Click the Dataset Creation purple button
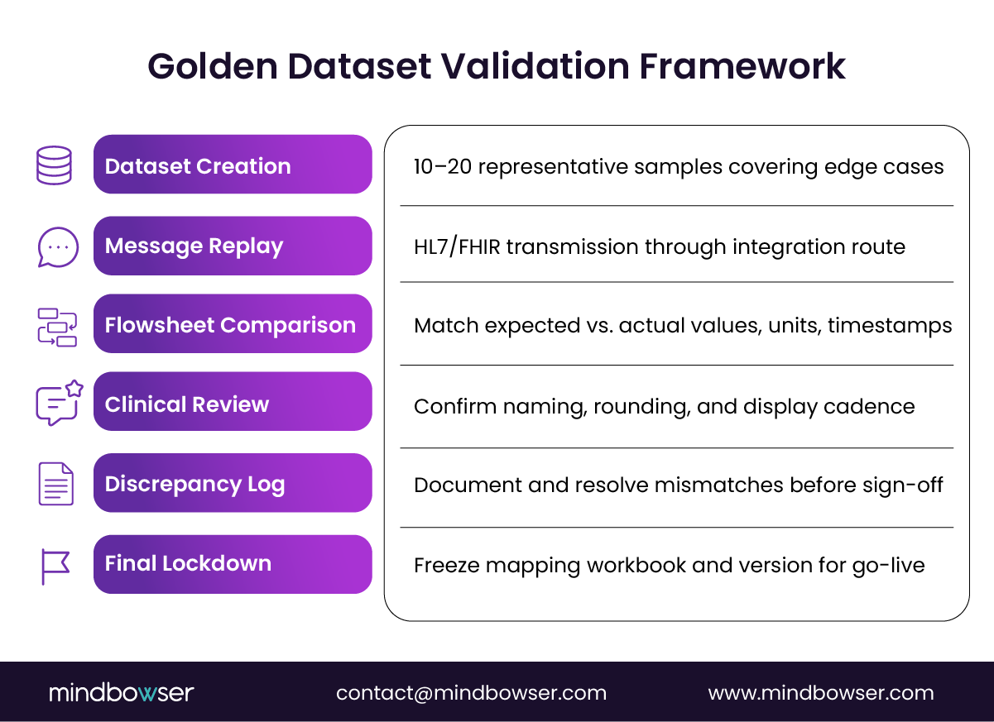click(x=233, y=165)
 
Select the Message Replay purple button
click(x=233, y=246)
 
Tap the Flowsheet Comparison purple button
click(x=233, y=324)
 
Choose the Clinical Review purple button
click(x=233, y=404)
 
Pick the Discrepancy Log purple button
click(x=233, y=483)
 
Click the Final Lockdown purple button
click(x=233, y=563)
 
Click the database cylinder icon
click(x=55, y=165)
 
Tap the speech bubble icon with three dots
click(x=58, y=246)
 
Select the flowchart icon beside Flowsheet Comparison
click(x=57, y=326)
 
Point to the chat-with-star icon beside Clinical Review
click(x=59, y=403)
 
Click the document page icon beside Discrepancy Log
click(x=55, y=484)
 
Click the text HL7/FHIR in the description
click(x=457, y=246)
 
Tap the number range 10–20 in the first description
click(x=442, y=166)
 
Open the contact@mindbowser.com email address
click(x=471, y=692)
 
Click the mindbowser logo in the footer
click(x=121, y=692)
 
